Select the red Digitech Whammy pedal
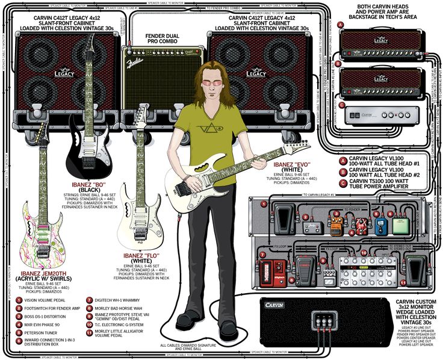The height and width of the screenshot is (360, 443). pos(274,270)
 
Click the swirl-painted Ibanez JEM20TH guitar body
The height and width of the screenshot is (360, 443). pos(43,225)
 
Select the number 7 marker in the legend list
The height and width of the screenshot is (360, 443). pos(88,299)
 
